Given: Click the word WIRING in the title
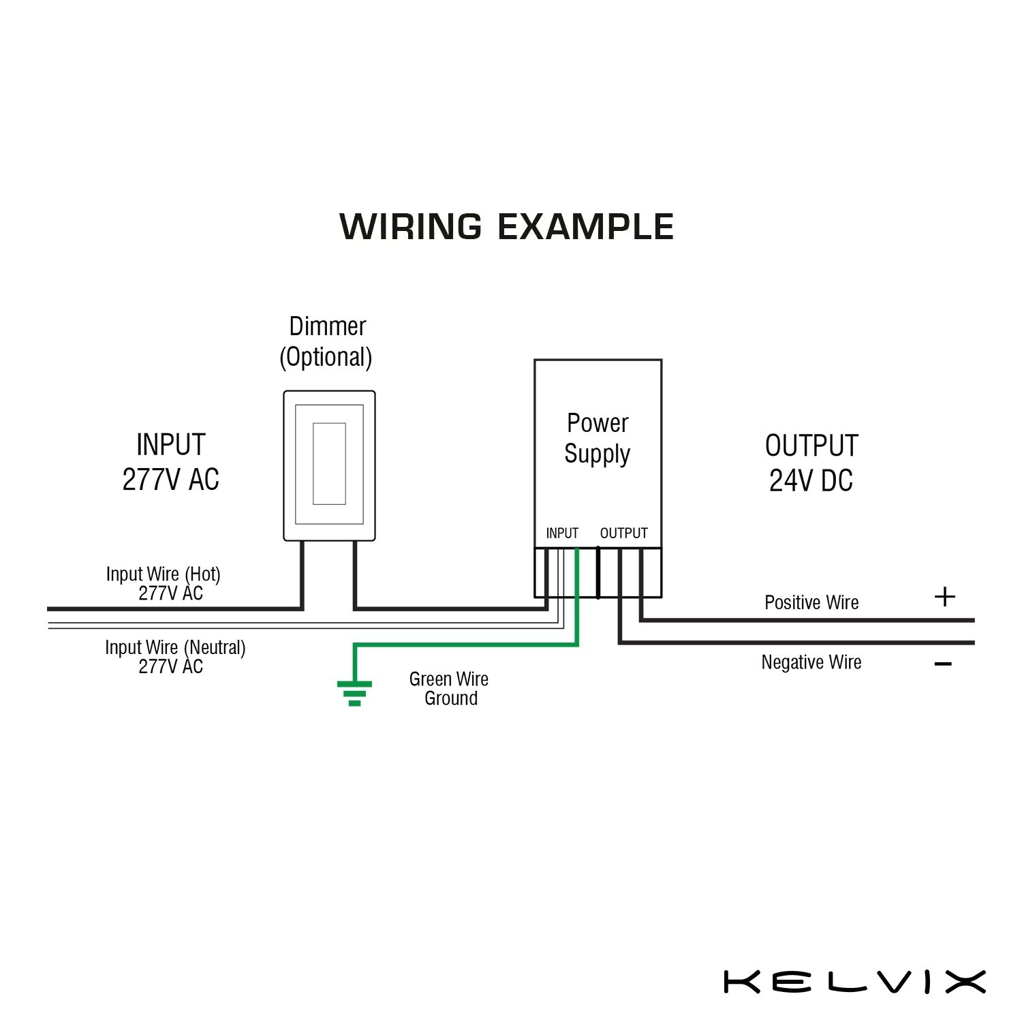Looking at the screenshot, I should [x=410, y=227].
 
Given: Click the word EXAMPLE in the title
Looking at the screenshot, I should [x=586, y=227].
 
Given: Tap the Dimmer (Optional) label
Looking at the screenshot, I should [x=327, y=342].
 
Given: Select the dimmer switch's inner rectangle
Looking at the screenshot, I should [x=329, y=463].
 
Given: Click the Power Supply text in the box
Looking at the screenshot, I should [x=598, y=438].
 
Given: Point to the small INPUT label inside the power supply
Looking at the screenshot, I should [x=562, y=533].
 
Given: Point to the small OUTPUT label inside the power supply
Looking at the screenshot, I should [x=623, y=533].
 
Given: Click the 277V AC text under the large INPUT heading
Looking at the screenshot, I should [x=171, y=480].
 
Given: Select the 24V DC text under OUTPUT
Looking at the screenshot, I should [x=811, y=481].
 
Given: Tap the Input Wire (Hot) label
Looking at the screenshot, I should [x=164, y=583].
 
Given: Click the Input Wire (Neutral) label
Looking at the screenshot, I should [x=175, y=656].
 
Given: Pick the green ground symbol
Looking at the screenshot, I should [x=354, y=692].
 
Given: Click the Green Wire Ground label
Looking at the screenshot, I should [x=449, y=688].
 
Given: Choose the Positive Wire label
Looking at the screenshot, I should [x=811, y=602].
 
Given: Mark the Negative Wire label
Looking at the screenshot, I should [x=811, y=662].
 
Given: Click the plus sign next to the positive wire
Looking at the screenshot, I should [x=944, y=597].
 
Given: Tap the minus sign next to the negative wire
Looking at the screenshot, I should [x=943, y=664].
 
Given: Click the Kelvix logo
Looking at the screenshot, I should [x=854, y=982].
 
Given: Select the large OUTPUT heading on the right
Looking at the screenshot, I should [x=811, y=446].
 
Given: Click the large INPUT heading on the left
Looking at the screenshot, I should [x=171, y=445].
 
